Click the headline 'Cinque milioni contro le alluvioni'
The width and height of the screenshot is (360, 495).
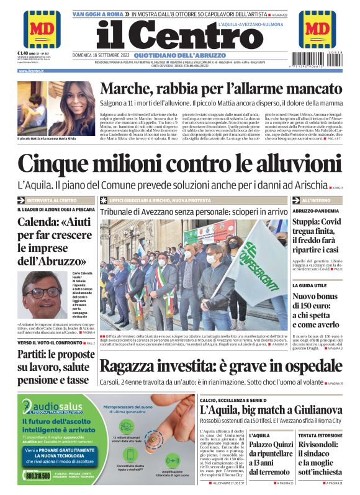(179, 165)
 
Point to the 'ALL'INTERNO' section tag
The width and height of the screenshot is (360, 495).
(316, 200)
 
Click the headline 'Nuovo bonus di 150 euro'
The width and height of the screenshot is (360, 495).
(317, 314)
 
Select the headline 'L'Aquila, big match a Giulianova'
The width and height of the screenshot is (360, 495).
(271, 410)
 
